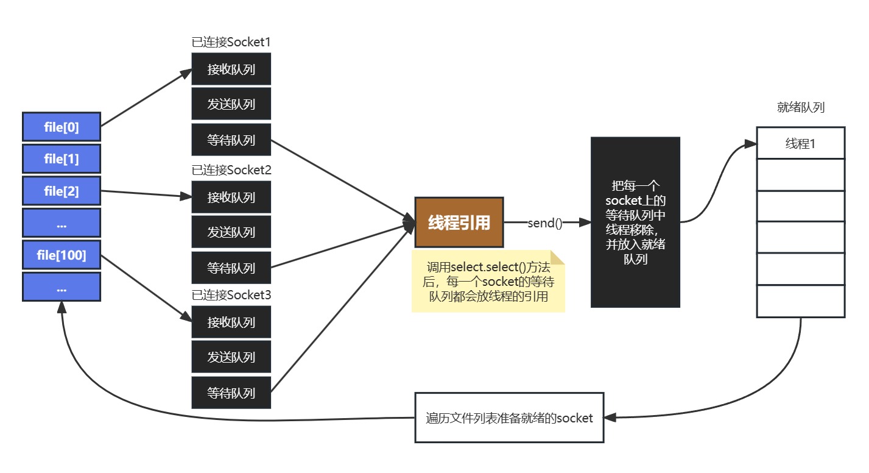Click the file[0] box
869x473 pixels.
point(62,127)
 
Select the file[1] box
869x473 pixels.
point(62,159)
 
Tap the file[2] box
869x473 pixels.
point(62,191)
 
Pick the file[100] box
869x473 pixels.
point(62,255)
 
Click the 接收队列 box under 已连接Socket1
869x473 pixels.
point(231,69)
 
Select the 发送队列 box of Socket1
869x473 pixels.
point(231,104)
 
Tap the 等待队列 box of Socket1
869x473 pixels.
point(231,140)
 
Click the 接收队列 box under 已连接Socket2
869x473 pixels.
point(231,197)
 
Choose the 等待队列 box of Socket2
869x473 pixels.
point(231,268)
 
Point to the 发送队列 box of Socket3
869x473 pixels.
point(231,357)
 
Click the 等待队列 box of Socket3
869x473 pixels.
point(231,393)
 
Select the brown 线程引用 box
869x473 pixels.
point(459,222)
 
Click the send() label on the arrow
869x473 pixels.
point(544,223)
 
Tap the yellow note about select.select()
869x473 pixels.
point(488,282)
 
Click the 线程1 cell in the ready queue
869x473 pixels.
point(800,144)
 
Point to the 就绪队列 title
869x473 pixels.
point(801,108)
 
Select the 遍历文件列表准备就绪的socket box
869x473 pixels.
point(509,418)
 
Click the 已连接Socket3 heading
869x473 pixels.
point(231,295)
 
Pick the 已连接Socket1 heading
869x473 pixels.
point(231,43)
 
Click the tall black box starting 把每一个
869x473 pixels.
point(635,222)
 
